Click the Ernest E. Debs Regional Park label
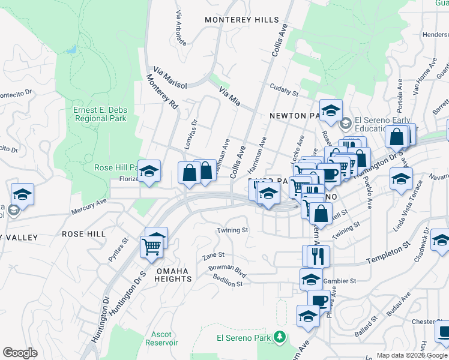100,114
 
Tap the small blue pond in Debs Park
72,49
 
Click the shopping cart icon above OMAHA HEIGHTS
151,247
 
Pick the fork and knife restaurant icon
318,256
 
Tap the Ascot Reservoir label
161,338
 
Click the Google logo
20,352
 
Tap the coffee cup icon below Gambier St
319,301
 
